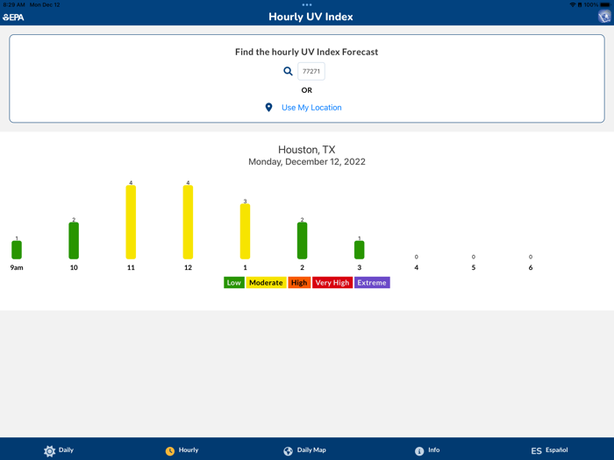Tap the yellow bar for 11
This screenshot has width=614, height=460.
(x=131, y=223)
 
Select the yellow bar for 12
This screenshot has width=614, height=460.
(x=188, y=223)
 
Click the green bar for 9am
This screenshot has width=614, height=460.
(x=17, y=250)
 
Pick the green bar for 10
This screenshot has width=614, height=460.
(x=74, y=241)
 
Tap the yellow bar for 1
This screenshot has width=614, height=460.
(x=245, y=231)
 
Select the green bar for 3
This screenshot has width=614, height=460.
(x=359, y=250)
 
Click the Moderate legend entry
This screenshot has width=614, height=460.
(x=266, y=283)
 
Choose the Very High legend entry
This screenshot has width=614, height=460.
(x=332, y=283)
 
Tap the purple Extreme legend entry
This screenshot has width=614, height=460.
(x=372, y=283)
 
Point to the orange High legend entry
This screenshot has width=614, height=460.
(x=299, y=283)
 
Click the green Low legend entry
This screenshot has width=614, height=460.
(x=233, y=283)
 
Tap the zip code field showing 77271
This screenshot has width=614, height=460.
(x=311, y=72)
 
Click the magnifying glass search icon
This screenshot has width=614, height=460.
(x=288, y=72)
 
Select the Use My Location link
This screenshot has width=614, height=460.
(x=311, y=108)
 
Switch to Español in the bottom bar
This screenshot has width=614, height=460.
(x=549, y=450)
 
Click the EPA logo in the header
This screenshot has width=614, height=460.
(x=13, y=17)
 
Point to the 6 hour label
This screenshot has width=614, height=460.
(x=530, y=267)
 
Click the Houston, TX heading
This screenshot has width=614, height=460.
(x=307, y=150)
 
